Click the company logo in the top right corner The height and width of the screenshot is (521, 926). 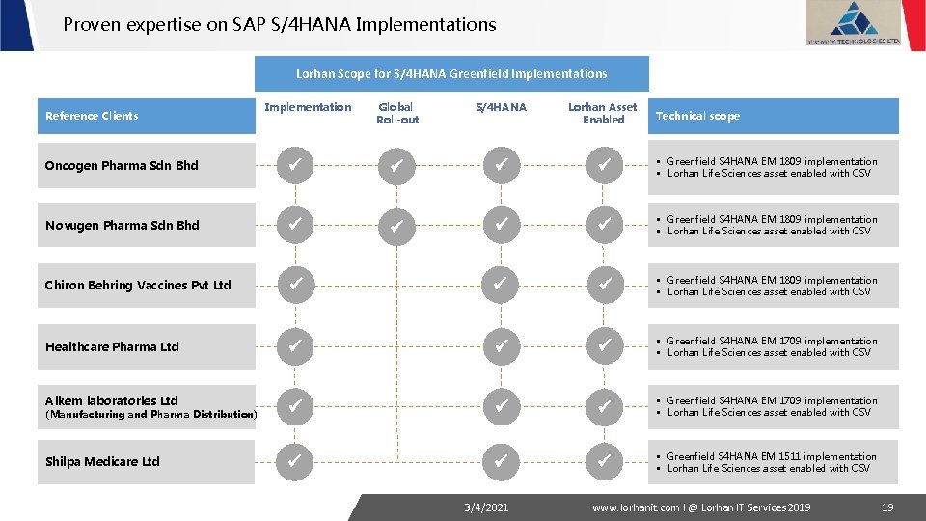click(853, 23)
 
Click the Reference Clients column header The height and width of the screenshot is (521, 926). click(92, 116)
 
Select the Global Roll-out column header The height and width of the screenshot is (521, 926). click(397, 113)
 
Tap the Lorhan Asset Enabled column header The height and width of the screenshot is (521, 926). click(603, 113)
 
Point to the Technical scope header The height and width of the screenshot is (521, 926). click(697, 116)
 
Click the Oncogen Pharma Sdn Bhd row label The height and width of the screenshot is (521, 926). click(122, 165)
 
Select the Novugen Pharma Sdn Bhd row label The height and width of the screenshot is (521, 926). click(123, 225)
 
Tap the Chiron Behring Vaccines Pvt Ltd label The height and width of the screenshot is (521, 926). click(138, 285)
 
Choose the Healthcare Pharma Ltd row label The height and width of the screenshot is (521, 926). click(112, 346)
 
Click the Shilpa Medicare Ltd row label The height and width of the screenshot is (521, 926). click(102, 461)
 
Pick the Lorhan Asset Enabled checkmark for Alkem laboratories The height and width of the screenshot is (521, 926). click(603, 406)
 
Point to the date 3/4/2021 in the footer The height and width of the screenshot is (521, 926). click(485, 507)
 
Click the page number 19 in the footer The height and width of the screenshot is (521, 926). click(886, 507)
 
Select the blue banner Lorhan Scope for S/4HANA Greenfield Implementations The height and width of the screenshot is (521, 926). click(451, 73)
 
